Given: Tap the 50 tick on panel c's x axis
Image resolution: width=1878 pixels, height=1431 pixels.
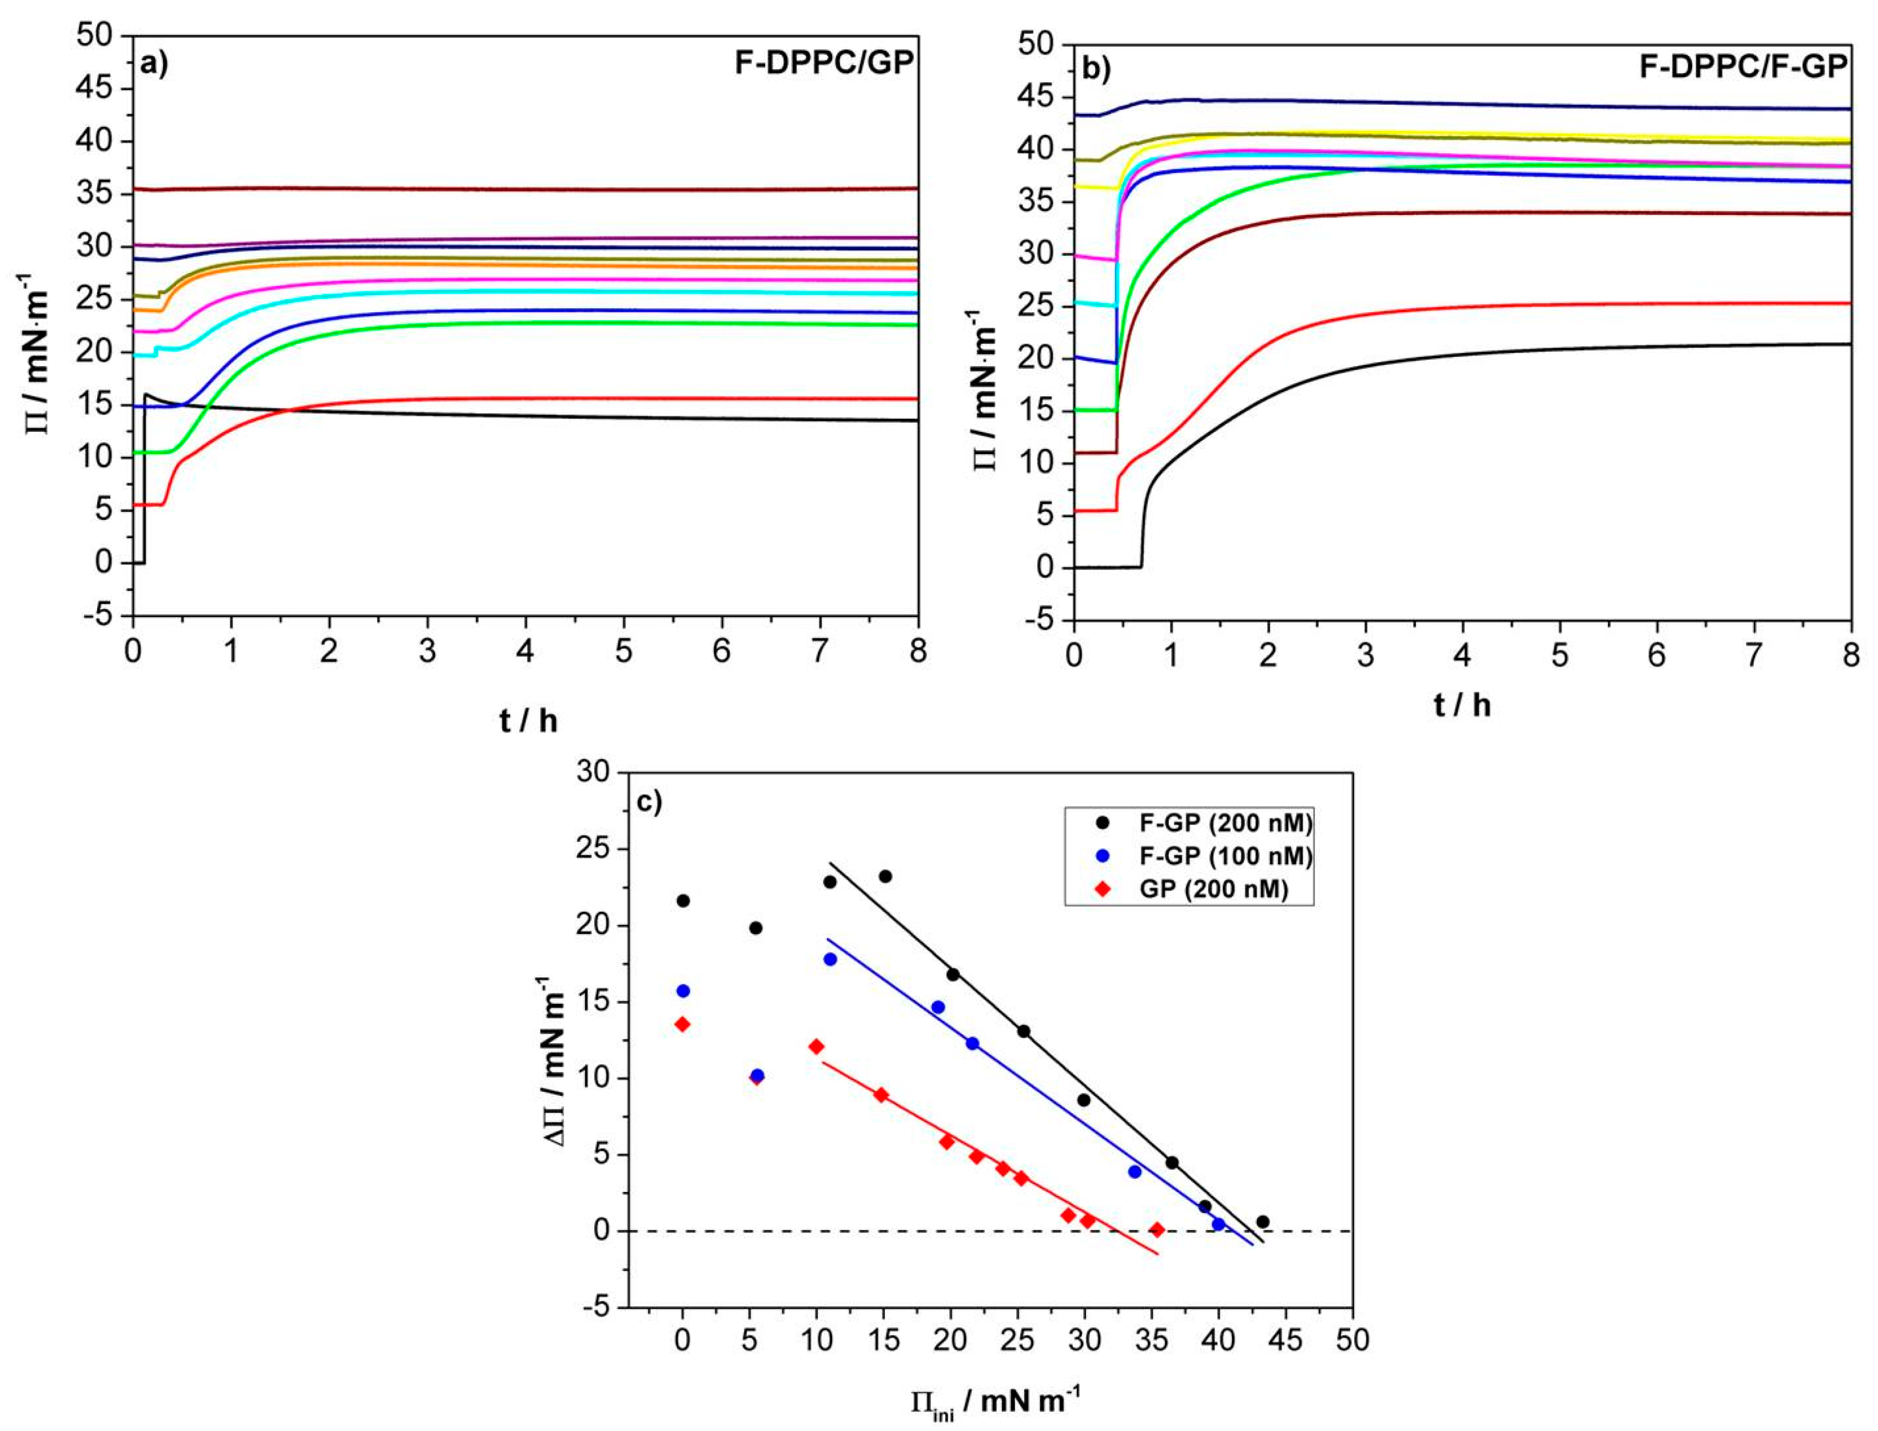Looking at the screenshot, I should (x=1352, y=1341).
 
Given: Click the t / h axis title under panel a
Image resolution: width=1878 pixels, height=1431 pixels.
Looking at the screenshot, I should (x=528, y=721).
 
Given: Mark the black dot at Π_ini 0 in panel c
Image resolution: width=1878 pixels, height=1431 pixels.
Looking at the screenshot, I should (x=682, y=900).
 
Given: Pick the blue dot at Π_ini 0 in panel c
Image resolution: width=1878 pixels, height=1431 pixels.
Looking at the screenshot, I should (x=682, y=991).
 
